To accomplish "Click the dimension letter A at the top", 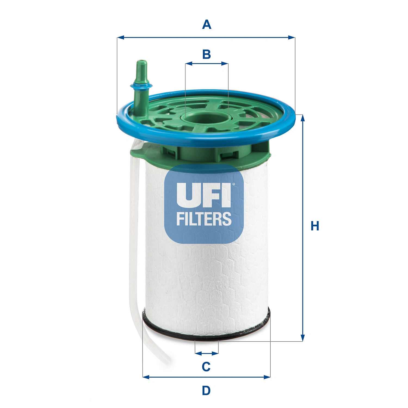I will click(206, 25).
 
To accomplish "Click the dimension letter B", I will click(206, 54).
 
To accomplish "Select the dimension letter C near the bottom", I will click(206, 367).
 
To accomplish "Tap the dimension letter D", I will click(206, 391).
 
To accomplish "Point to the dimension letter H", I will click(315, 226).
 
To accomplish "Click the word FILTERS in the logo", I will click(204, 219).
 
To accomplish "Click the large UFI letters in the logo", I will click(203, 195).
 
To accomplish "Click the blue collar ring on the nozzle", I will click(141, 86).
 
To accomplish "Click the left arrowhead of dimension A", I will click(120, 37).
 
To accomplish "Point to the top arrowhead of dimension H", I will click(302, 118).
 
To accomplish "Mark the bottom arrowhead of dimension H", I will click(302, 338).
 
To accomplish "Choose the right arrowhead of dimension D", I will click(268, 377).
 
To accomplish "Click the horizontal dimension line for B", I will click(206, 64).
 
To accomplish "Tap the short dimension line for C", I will click(207, 353).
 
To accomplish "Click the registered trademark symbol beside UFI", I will click(233, 184).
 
